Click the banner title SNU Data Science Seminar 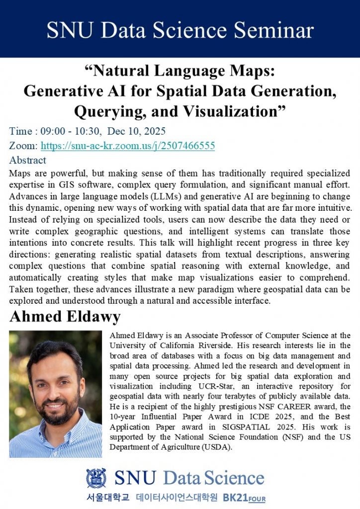180,30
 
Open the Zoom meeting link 127,146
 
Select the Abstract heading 28,160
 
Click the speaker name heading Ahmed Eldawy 65,317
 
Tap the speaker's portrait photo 55,394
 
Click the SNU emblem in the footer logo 96,478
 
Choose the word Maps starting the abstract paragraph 20,173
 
